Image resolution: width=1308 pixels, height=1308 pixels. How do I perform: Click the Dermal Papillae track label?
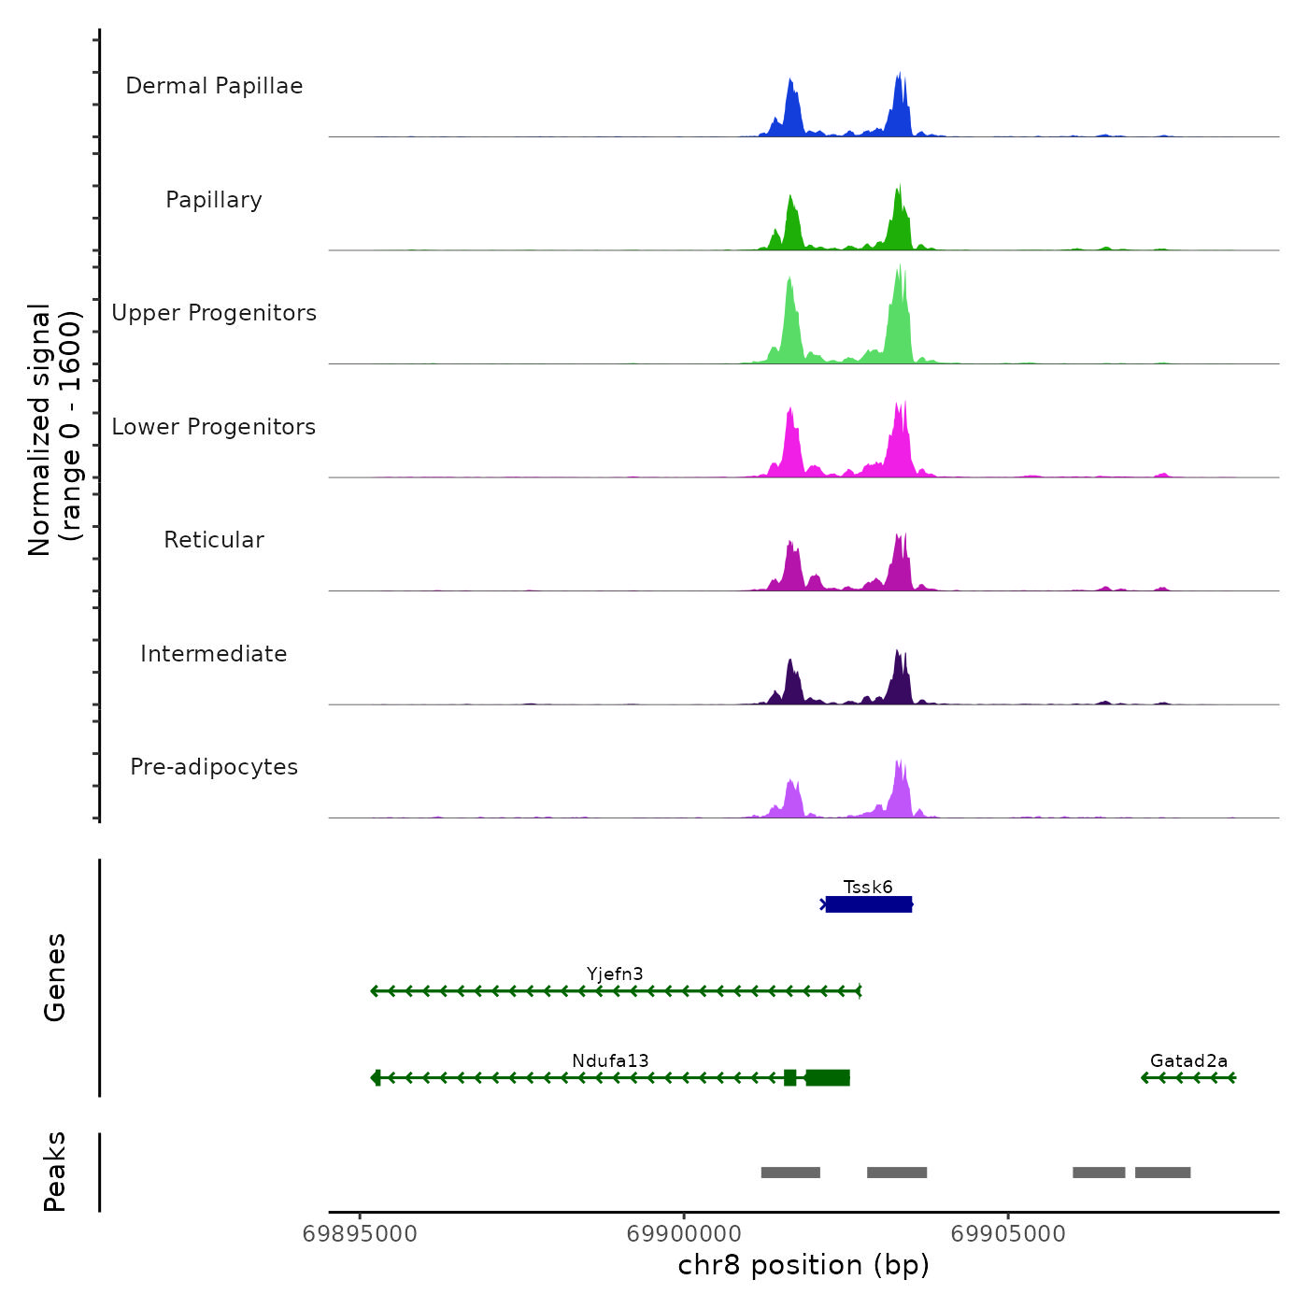point(214,86)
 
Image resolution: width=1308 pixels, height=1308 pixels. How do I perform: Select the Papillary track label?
point(214,200)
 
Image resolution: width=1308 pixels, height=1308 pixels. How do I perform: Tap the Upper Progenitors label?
point(214,313)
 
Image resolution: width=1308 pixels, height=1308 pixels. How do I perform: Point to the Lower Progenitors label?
point(214,427)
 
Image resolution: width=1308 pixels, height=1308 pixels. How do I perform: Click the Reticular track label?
point(214,540)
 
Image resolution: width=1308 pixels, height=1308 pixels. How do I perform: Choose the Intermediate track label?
point(214,654)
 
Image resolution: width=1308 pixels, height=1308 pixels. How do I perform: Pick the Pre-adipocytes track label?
point(214,767)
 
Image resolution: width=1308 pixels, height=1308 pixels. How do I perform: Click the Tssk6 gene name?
point(868,887)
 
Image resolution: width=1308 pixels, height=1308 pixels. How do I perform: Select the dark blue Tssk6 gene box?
point(869,904)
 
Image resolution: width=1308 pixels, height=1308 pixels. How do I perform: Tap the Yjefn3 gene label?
point(615,974)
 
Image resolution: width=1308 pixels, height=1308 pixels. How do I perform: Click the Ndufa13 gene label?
point(610,1060)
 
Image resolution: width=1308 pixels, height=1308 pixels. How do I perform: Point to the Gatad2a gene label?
point(1188,1060)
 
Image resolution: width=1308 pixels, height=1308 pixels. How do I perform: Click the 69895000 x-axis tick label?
point(360,1234)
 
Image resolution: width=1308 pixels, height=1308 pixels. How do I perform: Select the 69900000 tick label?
point(684,1234)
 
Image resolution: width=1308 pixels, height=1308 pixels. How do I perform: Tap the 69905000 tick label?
point(1008,1234)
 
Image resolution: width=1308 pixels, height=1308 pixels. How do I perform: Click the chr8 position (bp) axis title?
point(803,1265)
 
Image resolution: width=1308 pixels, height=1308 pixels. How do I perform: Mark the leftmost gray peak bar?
point(790,1173)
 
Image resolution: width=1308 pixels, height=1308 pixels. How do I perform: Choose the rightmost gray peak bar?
point(1163,1173)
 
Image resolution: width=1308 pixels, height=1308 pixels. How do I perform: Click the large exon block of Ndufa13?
point(828,1078)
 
